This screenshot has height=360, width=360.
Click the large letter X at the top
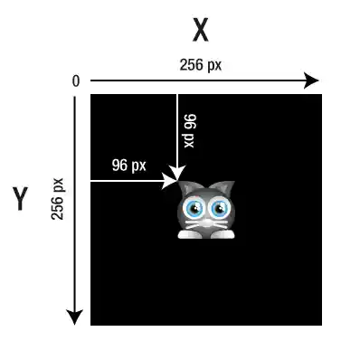[201, 30]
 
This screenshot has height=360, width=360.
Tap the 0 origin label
[76, 81]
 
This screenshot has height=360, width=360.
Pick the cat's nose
[206, 220]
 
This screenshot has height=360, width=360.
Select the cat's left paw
[188, 234]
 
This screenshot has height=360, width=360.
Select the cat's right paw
[223, 234]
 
